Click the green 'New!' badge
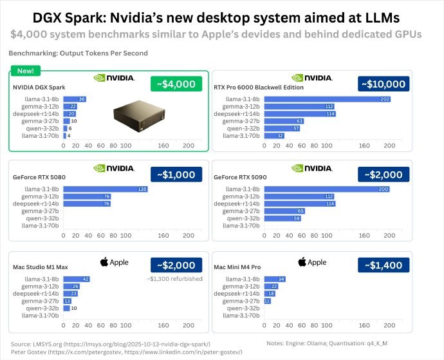pyautogui.click(x=25, y=70)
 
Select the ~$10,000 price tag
pyautogui.click(x=383, y=84)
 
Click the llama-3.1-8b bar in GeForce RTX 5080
pyautogui.click(x=106, y=189)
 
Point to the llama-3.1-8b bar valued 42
pyautogui.click(x=77, y=279)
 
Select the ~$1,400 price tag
pyautogui.click(x=383, y=265)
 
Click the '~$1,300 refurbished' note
pyautogui.click(x=176, y=279)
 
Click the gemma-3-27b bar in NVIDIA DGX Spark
pyautogui.click(x=66, y=120)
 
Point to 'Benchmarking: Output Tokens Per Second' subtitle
pyautogui.click(x=78, y=53)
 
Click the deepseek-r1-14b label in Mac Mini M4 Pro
pyautogui.click(x=237, y=293)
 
